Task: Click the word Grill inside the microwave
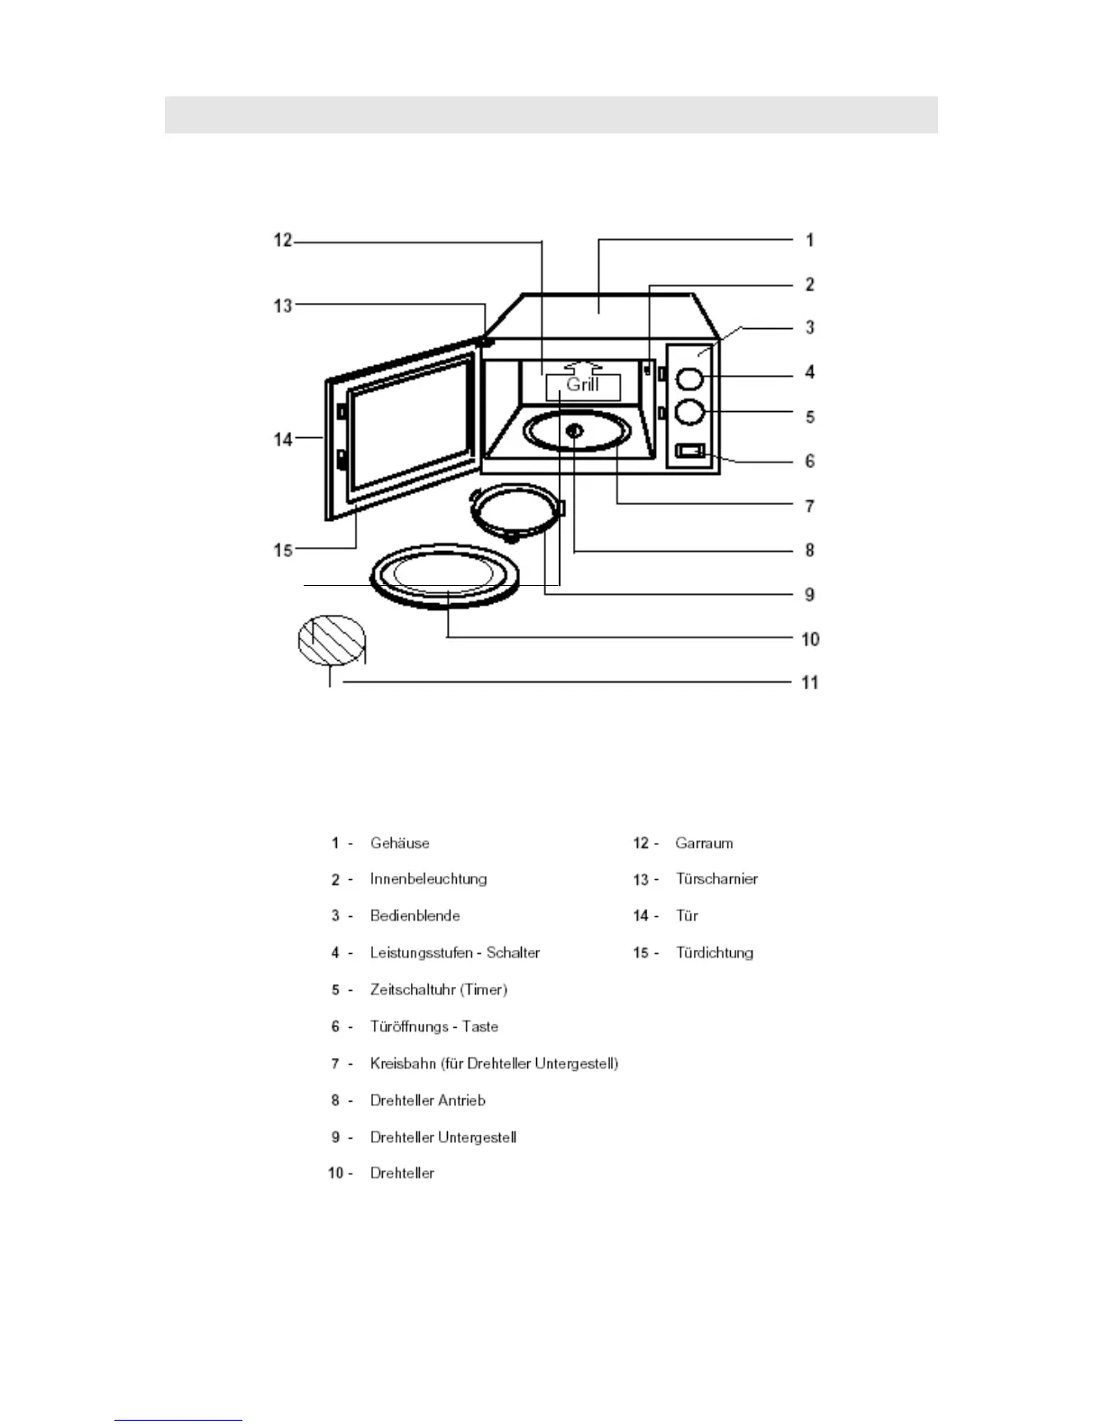pyautogui.click(x=582, y=385)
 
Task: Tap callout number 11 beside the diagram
pyautogui.click(x=810, y=682)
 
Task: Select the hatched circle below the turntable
pyautogui.click(x=332, y=641)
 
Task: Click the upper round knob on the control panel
pyautogui.click(x=689, y=377)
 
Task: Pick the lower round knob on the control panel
pyautogui.click(x=689, y=412)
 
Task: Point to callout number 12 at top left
pyautogui.click(x=283, y=241)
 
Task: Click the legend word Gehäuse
pyautogui.click(x=399, y=843)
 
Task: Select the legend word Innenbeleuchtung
pyautogui.click(x=428, y=879)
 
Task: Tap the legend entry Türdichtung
pyautogui.click(x=715, y=953)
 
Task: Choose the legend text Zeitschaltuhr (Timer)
pyautogui.click(x=438, y=990)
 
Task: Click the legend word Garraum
pyautogui.click(x=704, y=843)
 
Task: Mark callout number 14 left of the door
pyautogui.click(x=283, y=439)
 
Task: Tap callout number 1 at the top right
pyautogui.click(x=809, y=240)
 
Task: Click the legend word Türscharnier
pyautogui.click(x=716, y=879)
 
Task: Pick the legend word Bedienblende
pyautogui.click(x=415, y=916)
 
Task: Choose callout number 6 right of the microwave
pyautogui.click(x=809, y=461)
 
